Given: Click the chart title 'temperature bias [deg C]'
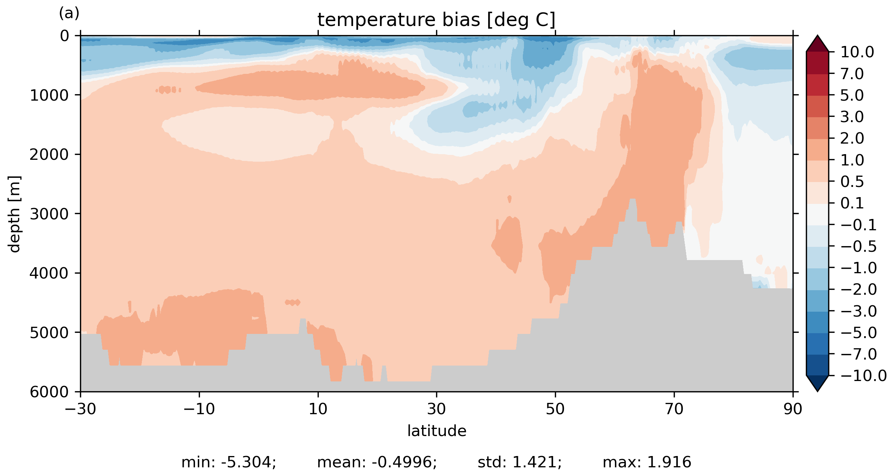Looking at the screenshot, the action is coord(436,20).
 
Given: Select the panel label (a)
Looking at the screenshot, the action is coord(69,14).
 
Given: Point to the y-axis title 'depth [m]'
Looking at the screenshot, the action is coord(14,214).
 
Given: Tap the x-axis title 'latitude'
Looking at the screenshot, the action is coord(437,431).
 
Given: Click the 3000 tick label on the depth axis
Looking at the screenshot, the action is coord(49,214).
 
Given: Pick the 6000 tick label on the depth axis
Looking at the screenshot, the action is coord(49,392).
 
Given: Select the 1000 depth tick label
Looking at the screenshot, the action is coord(49,95).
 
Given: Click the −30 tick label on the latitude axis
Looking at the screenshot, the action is coord(80,409).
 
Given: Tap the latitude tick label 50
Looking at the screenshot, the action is coord(555,409).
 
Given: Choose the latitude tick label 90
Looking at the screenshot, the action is coord(793,409).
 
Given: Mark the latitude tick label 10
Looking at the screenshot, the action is coord(318,409).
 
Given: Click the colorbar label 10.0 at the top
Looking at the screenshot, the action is coord(857,52).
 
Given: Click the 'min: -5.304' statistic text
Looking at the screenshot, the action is coord(229,462).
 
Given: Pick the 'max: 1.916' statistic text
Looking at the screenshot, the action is coord(647,462).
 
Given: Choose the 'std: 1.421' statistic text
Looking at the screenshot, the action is coord(519,462).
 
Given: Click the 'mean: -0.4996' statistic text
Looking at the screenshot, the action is coord(377,462).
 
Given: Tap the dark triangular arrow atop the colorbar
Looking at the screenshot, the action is coord(817,44).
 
